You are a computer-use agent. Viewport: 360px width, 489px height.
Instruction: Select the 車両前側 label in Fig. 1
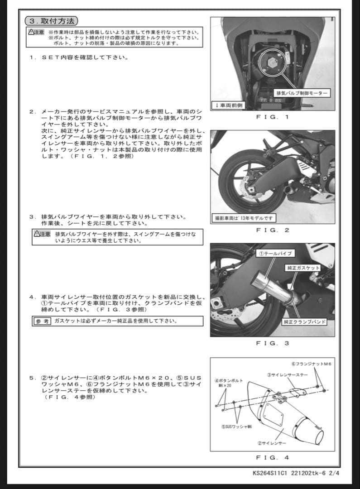point(229,105)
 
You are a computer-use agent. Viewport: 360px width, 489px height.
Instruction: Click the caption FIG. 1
point(272,117)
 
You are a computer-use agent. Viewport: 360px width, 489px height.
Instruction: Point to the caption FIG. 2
point(272,230)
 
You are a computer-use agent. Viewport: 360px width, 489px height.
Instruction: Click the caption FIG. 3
point(272,343)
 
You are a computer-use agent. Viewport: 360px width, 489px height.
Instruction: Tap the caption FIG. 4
point(272,457)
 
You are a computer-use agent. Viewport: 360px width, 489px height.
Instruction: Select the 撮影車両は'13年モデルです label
point(244,218)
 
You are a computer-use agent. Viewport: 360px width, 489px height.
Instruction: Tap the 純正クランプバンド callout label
point(305,322)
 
